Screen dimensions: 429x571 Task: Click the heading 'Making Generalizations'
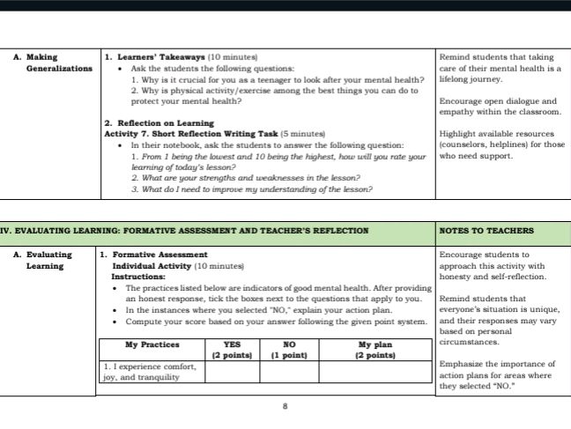click(56, 62)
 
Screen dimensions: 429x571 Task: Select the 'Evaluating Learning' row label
click(49, 260)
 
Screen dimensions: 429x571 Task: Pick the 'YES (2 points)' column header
click(233, 350)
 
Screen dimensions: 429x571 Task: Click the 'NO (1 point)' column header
click(287, 350)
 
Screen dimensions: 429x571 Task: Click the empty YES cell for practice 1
click(233, 372)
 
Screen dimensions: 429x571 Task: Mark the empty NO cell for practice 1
click(287, 372)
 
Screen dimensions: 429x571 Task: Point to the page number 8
click(285, 407)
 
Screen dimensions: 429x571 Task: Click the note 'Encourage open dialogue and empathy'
click(499, 107)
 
